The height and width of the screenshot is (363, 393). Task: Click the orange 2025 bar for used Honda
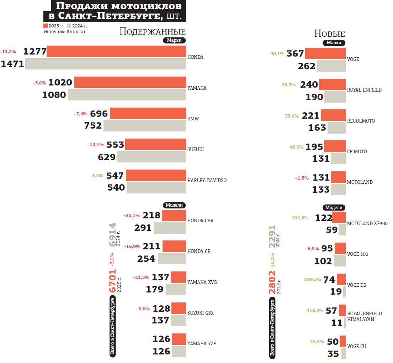116,51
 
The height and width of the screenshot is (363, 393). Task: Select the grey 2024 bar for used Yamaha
127,95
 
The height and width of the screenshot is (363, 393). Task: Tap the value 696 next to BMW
99,114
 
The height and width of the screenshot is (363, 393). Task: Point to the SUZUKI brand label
196,149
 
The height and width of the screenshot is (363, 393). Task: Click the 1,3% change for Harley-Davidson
97,176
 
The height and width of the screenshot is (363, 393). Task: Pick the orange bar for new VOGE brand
325,53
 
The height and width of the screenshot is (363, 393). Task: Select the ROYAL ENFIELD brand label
364,90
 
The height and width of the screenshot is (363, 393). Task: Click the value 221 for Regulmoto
310,116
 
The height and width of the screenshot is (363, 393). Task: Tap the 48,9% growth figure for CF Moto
297,147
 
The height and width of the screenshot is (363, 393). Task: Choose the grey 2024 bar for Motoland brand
338,189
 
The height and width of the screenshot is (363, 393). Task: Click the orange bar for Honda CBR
174,216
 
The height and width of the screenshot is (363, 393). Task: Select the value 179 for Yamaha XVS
155,289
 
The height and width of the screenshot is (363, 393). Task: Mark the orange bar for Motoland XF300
339,217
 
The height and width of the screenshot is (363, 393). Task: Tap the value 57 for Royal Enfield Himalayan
331,311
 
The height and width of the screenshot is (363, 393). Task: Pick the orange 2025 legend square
46,26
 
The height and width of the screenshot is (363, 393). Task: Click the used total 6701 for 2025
112,281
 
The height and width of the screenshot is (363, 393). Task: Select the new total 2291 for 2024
272,236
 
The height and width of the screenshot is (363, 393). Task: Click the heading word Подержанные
152,32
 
